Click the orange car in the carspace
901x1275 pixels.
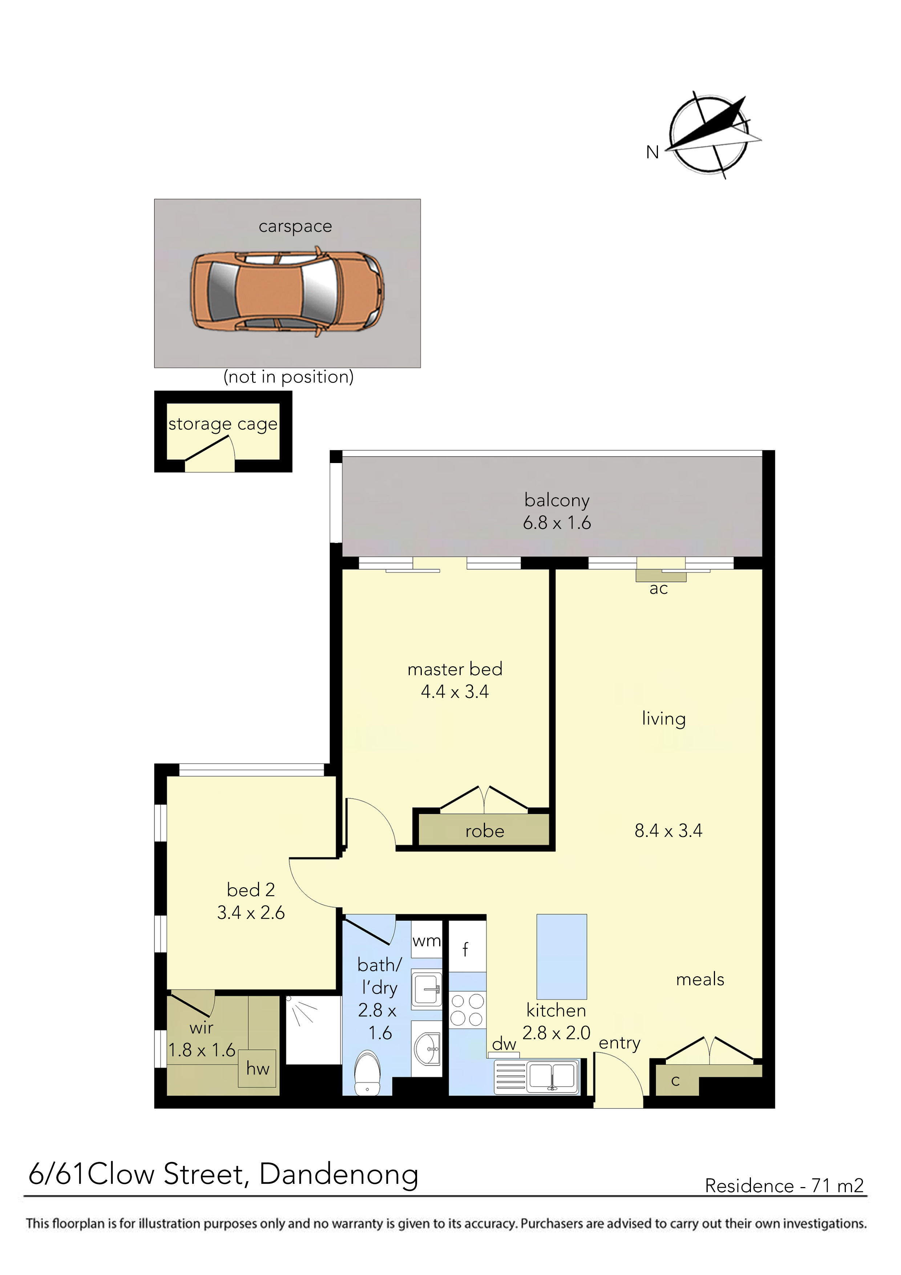pos(288,292)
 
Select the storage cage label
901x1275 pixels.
pos(223,425)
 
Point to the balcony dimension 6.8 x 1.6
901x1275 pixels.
pos(557,523)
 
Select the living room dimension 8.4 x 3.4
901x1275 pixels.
pos(668,831)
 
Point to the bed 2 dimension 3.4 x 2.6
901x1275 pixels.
pos(251,913)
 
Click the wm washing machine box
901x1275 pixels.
pos(427,939)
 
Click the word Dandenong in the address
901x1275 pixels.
pos(339,1176)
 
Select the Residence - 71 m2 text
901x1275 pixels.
pos(784,1186)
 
